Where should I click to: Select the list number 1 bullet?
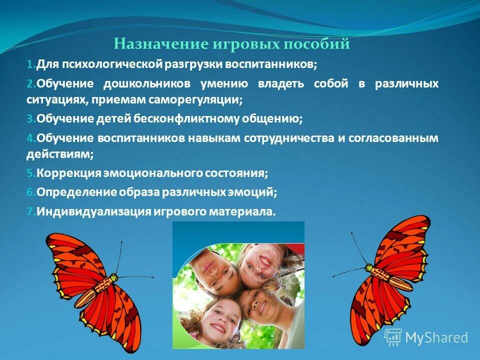[x=30, y=65]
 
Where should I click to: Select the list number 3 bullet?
[x=30, y=119]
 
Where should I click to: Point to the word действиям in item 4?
[x=59, y=154]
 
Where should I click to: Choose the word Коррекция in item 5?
[x=68, y=173]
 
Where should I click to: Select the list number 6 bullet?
[x=30, y=192]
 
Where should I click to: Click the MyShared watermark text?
[x=436, y=337]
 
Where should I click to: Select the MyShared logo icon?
[x=393, y=337]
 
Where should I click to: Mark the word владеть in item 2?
[x=280, y=83]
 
